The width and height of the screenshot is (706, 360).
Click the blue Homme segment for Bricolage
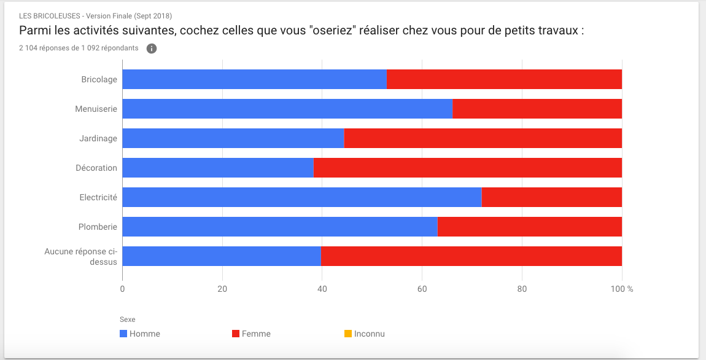tap(254, 79)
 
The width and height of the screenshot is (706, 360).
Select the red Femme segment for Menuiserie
tap(537, 109)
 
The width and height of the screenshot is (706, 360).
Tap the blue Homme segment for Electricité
tap(302, 197)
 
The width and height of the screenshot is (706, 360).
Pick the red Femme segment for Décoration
tap(468, 168)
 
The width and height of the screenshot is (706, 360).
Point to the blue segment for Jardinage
tap(233, 138)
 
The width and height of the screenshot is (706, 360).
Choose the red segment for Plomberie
tap(530, 227)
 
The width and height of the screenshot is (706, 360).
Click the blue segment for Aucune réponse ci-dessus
tap(222, 256)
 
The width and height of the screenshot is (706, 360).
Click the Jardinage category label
tap(98, 139)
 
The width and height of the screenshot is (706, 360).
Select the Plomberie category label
tap(98, 227)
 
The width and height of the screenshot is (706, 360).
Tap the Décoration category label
tap(96, 168)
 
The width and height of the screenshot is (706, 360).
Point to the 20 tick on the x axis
tap(222, 289)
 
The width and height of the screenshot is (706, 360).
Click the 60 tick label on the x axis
tap(422, 289)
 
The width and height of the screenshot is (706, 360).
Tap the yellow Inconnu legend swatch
tap(348, 334)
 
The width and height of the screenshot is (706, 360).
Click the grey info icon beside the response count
tap(152, 49)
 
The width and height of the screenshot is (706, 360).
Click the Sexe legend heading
tap(128, 319)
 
